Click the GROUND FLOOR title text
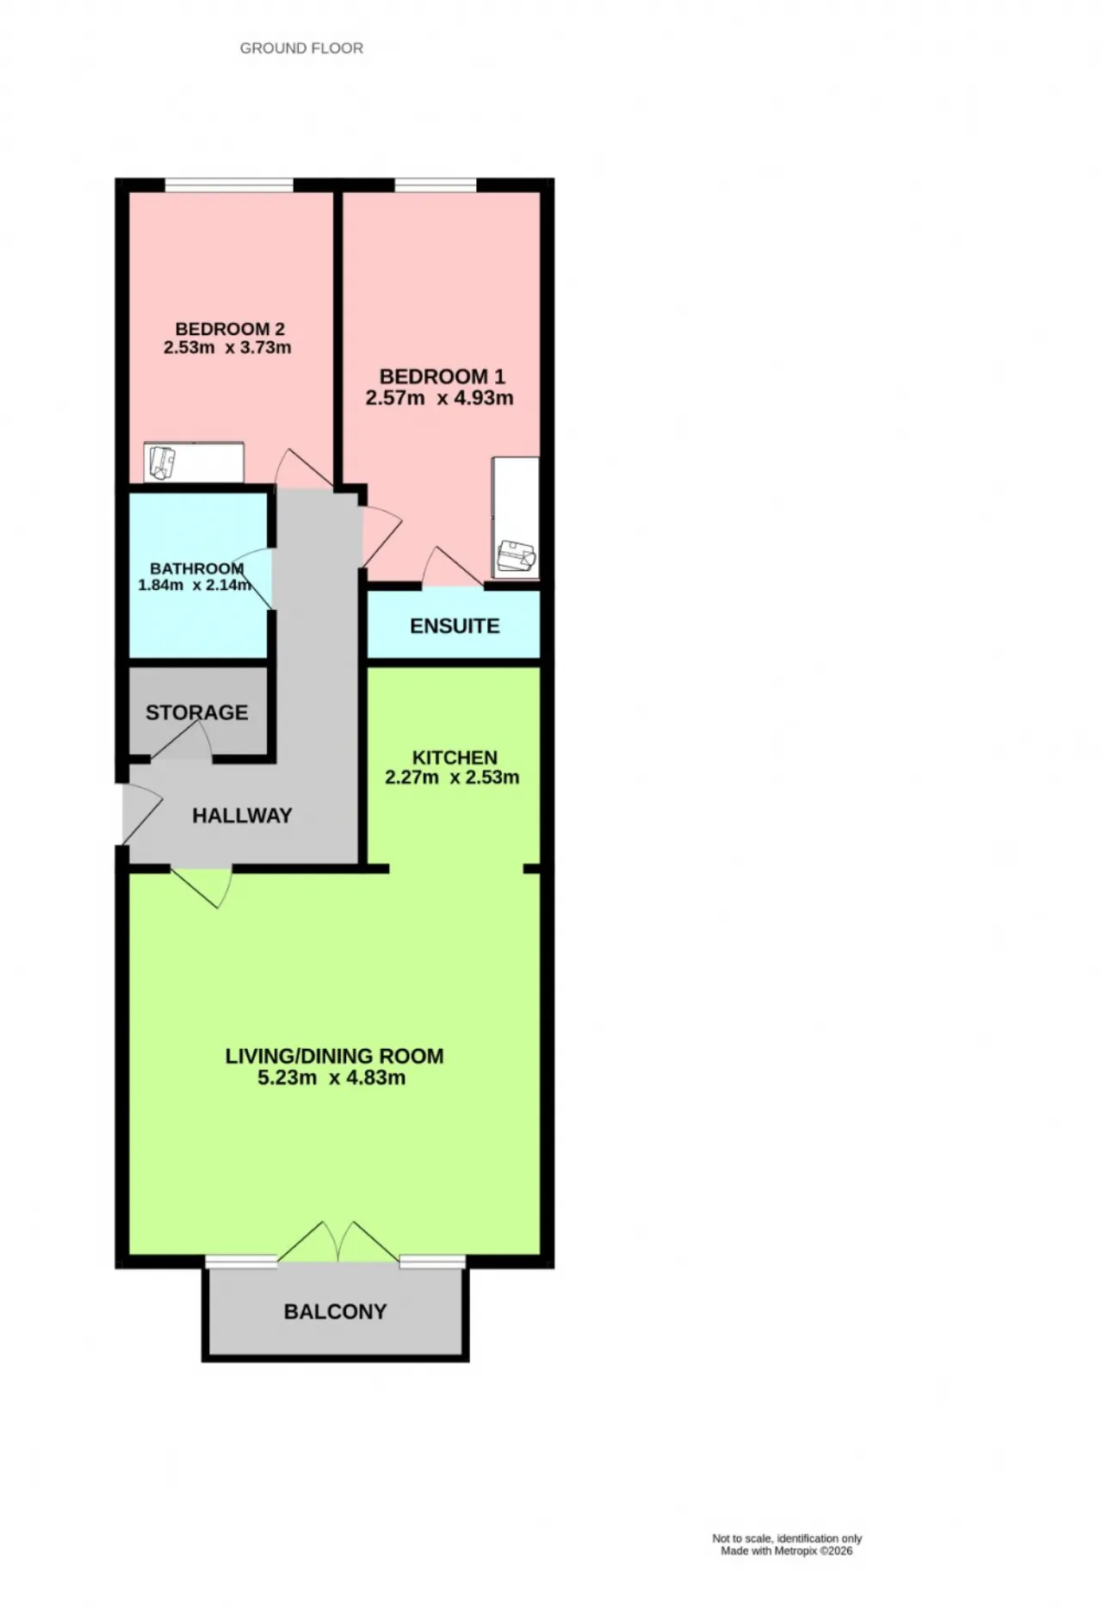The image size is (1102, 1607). (301, 48)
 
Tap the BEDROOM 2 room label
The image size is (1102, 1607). (230, 329)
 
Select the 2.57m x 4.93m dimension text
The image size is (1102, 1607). (439, 398)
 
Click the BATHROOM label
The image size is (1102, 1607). (197, 568)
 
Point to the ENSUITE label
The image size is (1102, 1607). (455, 626)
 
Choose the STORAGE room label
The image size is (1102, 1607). (196, 712)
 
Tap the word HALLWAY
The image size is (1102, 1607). (242, 816)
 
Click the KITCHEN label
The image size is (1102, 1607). (455, 758)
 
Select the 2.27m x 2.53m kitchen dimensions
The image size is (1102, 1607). (452, 778)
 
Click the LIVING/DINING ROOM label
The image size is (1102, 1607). (334, 1056)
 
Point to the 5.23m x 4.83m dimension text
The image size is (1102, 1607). (331, 1077)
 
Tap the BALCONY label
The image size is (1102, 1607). (335, 1312)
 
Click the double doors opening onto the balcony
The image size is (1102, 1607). (338, 1243)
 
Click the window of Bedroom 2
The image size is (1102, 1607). (229, 184)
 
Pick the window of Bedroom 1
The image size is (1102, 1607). (436, 184)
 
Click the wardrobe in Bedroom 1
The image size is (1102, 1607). (515, 518)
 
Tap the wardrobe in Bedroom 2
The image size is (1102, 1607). (194, 463)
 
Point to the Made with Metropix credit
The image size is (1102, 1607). (787, 1551)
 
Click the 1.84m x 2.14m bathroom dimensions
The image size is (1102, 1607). (195, 586)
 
